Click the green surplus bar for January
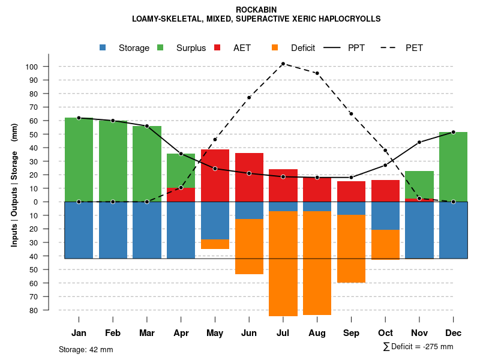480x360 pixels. [79, 160]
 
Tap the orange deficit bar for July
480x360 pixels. [283, 263]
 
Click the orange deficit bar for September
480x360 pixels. [351, 248]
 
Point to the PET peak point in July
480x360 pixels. [283, 64]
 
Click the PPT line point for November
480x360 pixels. [419, 142]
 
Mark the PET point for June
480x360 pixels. [249, 97]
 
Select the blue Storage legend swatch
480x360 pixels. [103, 48]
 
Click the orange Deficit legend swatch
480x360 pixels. [275, 48]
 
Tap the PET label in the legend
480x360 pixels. [414, 48]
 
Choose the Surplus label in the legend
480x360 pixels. [191, 48]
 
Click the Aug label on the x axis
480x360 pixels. [317, 333]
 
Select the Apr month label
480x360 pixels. [181, 333]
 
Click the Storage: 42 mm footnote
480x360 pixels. [86, 349]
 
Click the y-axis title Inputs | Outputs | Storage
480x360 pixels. [14, 185]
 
